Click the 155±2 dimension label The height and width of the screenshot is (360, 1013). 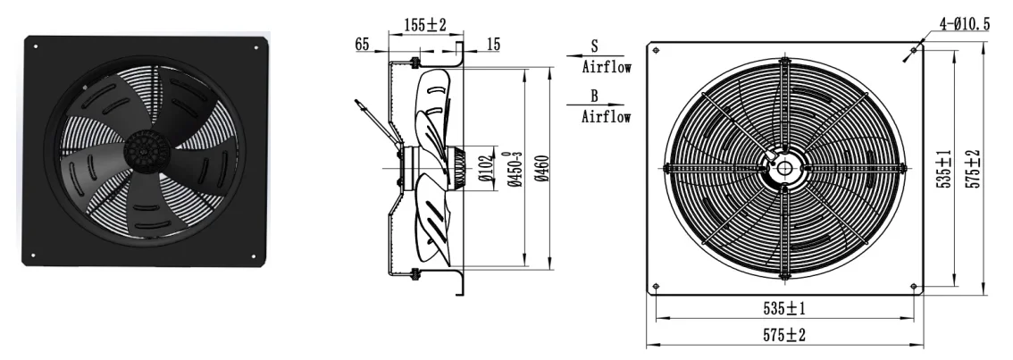coord(425,25)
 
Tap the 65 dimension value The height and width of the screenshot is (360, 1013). coord(362,44)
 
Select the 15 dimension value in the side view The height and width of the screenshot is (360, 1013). coord(493,44)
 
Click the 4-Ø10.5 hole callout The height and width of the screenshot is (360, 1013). coord(964,24)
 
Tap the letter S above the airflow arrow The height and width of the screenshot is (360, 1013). coord(594,46)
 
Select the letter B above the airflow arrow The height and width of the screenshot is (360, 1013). coord(594,96)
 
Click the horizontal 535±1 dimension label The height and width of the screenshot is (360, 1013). coord(784,309)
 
